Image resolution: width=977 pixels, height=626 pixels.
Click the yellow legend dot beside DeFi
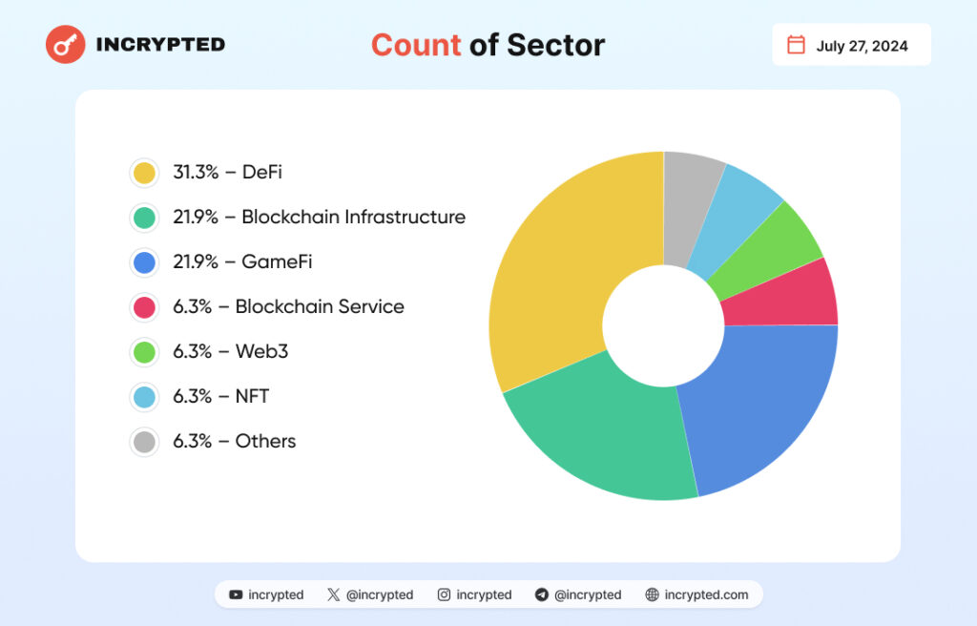(x=145, y=173)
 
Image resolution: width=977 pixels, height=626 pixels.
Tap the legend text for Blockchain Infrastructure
(x=320, y=218)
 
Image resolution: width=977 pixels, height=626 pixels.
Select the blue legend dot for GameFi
(x=145, y=262)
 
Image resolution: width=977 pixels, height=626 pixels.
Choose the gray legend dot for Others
(x=145, y=442)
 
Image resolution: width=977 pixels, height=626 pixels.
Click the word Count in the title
(x=415, y=45)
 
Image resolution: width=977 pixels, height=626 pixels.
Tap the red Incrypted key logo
(x=66, y=44)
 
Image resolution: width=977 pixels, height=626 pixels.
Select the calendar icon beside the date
(x=796, y=45)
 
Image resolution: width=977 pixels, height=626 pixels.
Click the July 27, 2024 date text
(x=862, y=46)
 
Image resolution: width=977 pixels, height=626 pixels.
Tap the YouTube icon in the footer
(x=236, y=595)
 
